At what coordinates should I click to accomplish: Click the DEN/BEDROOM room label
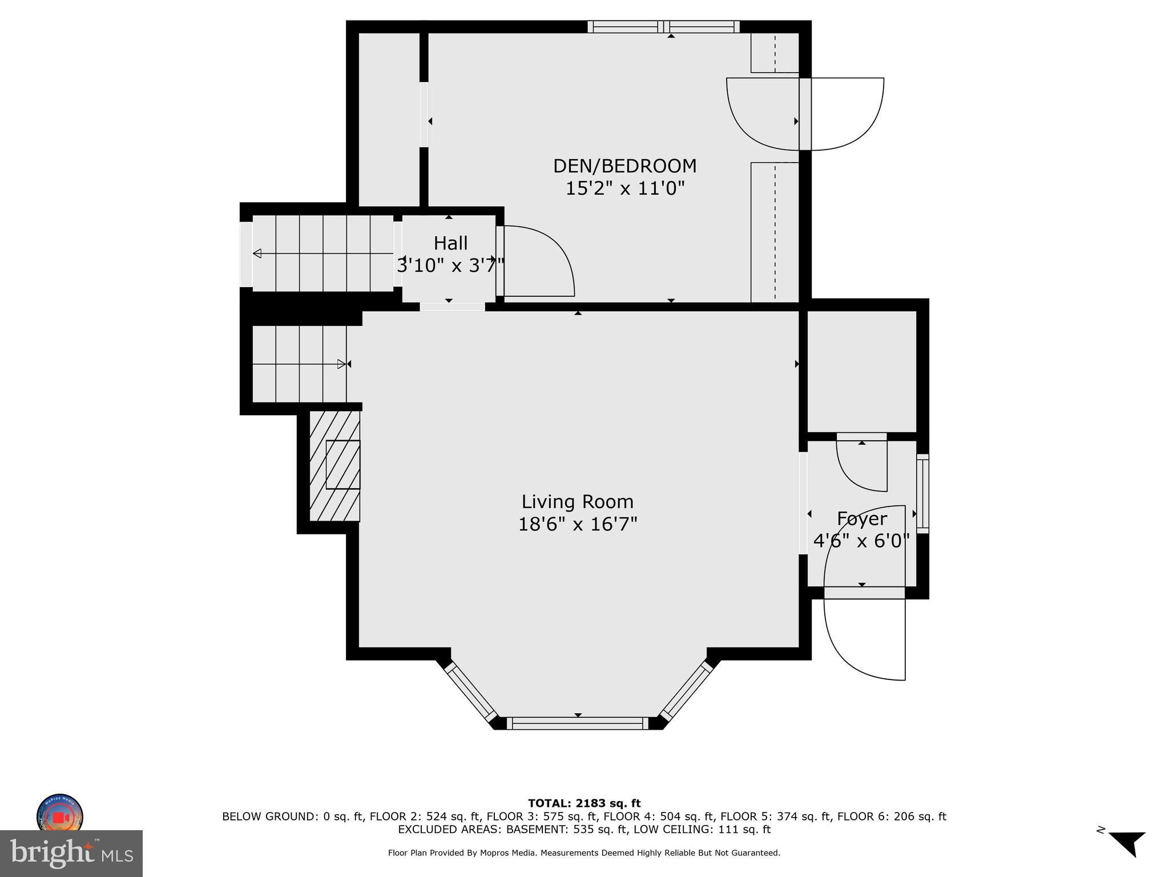624,166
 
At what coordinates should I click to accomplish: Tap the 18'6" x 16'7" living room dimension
577,524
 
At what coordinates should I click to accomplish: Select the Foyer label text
861,518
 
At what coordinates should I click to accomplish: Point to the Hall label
450,243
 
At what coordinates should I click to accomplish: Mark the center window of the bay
577,723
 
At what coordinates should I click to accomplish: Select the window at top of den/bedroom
663,27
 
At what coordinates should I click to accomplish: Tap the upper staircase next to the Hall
323,253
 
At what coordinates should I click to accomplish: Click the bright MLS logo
71,853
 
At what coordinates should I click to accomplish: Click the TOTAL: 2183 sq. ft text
584,804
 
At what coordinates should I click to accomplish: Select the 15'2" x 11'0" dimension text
624,188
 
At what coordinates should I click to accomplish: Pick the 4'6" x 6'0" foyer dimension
861,541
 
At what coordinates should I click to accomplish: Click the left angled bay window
470,691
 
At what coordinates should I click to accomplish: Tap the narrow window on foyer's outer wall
922,493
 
